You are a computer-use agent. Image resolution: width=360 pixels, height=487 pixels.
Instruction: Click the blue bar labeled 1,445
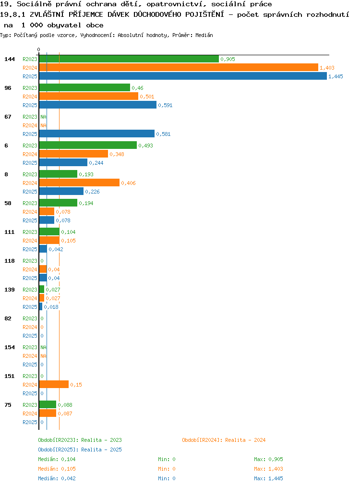click(x=183, y=76)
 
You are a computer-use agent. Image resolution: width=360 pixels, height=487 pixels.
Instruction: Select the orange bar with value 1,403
click(x=179, y=67)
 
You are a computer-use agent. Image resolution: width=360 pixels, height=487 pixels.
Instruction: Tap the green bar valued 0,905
click(x=129, y=59)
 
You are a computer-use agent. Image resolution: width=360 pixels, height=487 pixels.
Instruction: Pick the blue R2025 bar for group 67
click(x=97, y=134)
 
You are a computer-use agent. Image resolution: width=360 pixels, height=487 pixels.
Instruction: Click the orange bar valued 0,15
click(x=54, y=384)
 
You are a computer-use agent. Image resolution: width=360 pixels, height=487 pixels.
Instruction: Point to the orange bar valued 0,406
click(x=80, y=183)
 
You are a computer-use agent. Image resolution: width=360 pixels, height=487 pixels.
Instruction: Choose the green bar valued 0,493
click(x=88, y=145)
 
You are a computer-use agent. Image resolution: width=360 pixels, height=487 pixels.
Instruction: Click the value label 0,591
click(x=165, y=105)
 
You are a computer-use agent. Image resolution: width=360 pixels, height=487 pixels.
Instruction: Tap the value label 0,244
click(x=96, y=163)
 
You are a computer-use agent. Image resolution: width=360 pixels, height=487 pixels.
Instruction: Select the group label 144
click(x=10, y=59)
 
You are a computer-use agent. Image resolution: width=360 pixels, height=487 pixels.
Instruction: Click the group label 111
click(x=10, y=232)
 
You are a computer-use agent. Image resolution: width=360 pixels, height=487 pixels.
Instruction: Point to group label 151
click(x=10, y=376)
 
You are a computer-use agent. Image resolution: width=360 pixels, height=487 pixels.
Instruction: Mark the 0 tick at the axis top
click(x=38, y=49)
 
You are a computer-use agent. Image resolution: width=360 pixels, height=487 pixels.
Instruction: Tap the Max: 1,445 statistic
click(x=268, y=478)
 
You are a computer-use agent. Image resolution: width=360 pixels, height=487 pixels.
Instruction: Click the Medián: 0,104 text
click(x=57, y=459)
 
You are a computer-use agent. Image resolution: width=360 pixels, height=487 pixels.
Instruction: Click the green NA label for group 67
click(x=43, y=117)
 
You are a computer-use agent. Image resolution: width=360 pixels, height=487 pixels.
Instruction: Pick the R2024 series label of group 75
click(x=30, y=414)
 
